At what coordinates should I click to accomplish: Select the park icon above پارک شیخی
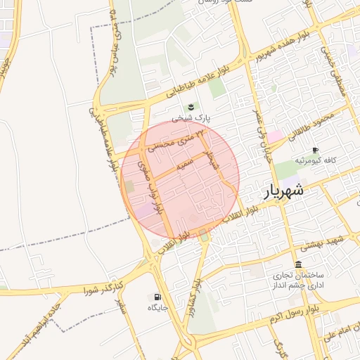[190, 108]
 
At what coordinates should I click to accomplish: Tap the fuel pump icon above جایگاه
[156, 297]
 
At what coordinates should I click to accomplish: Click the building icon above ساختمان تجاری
[299, 265]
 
